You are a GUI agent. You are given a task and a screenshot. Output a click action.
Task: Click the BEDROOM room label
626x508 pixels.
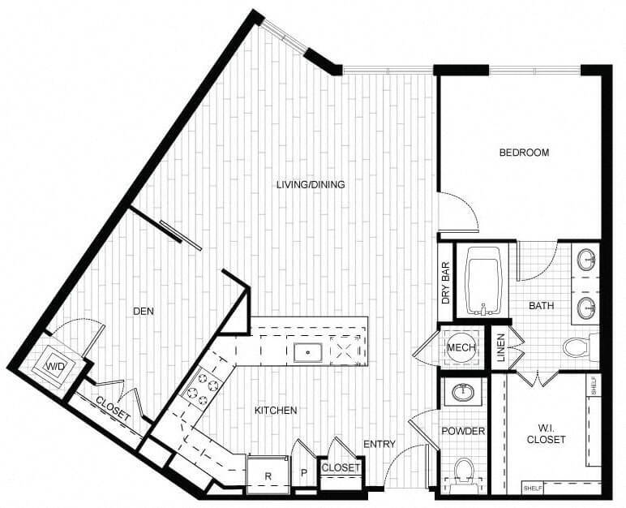[x=524, y=153]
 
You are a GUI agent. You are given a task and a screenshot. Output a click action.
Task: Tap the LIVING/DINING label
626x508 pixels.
[x=311, y=185]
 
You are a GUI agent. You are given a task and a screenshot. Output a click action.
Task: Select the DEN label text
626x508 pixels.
[x=143, y=311]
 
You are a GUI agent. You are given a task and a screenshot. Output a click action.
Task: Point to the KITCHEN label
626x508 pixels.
[x=276, y=411]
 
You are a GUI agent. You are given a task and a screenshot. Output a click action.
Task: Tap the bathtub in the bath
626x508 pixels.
[x=484, y=281]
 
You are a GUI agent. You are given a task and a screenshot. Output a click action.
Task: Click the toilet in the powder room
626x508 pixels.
[x=465, y=474]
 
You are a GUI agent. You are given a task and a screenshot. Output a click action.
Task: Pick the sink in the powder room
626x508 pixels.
[x=464, y=393]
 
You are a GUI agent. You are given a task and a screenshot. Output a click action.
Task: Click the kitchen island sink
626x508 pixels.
[x=308, y=352]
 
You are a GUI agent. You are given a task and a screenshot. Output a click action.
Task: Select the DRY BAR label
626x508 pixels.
[x=446, y=283]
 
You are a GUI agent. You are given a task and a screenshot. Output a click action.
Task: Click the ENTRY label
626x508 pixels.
[x=379, y=444]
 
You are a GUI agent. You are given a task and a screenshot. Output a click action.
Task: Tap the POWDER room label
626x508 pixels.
[x=463, y=431]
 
